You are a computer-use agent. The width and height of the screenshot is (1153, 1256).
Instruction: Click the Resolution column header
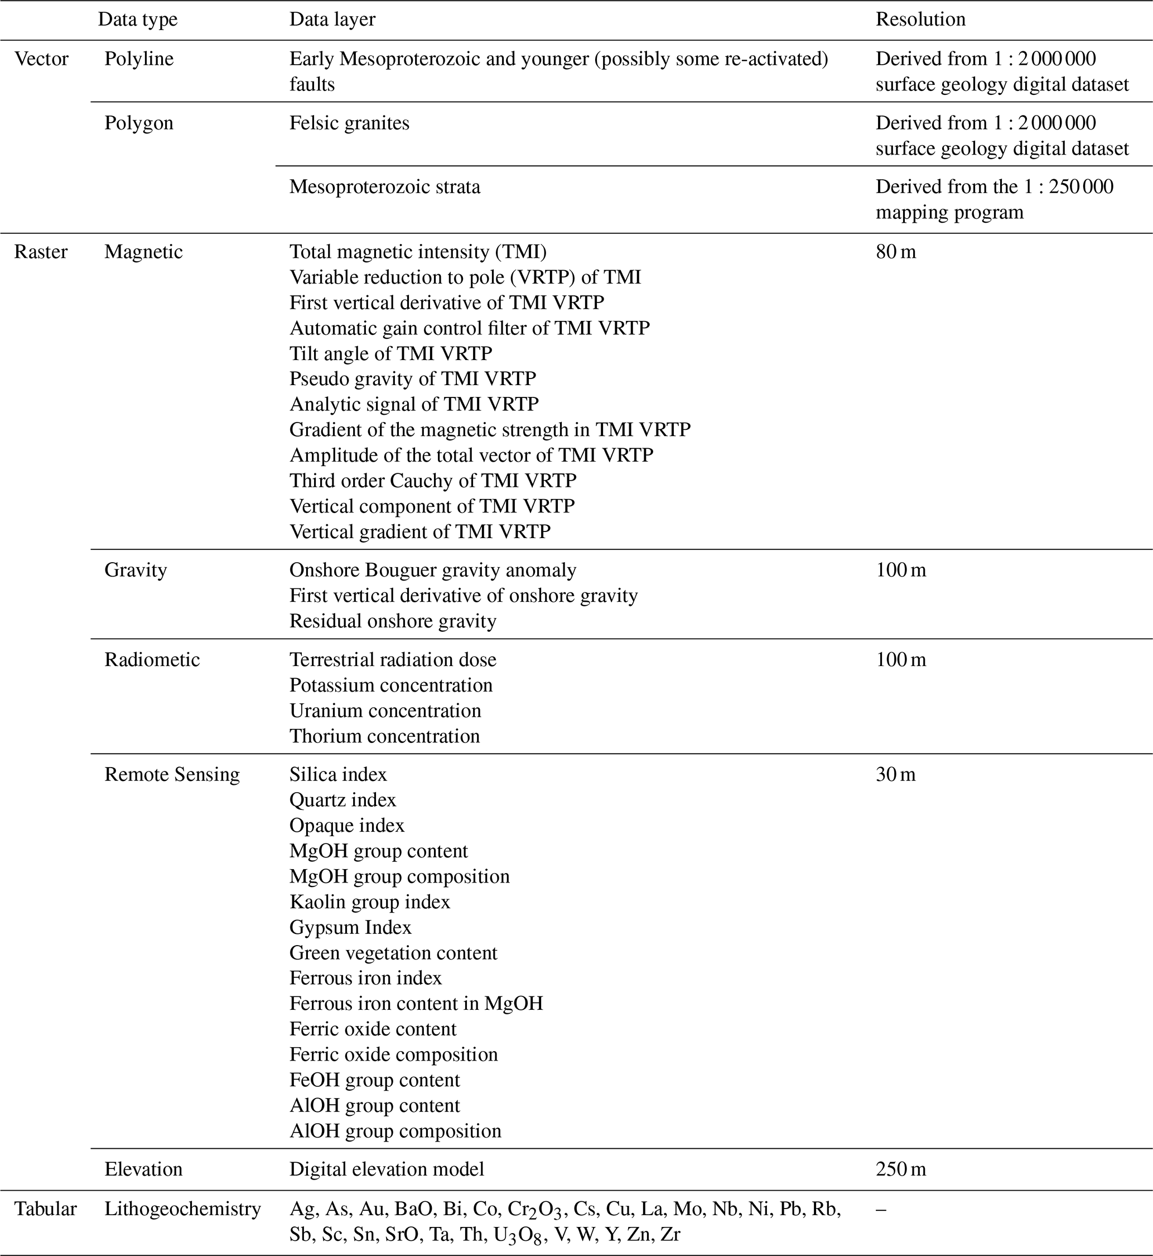click(920, 20)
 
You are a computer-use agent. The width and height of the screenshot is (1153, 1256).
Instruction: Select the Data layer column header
click(332, 20)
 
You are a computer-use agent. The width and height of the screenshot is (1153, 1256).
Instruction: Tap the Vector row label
click(41, 59)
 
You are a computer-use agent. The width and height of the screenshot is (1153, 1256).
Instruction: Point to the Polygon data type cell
click(138, 123)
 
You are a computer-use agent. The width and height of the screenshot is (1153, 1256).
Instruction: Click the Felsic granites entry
click(349, 123)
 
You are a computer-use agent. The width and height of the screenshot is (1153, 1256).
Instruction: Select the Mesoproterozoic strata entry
click(384, 187)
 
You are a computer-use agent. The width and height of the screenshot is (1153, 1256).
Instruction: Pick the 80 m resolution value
click(896, 252)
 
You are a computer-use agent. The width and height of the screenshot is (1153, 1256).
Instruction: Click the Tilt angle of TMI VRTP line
click(390, 353)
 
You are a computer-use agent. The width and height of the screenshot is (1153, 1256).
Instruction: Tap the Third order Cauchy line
click(432, 481)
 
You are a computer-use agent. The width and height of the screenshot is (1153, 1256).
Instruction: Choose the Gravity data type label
click(136, 570)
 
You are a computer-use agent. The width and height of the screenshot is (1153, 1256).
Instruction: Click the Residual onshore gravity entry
click(393, 621)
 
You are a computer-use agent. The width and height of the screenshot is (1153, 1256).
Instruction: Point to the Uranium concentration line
click(385, 711)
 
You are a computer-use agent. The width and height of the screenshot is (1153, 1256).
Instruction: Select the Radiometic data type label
click(152, 660)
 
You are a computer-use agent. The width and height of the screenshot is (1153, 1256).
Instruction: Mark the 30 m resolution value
click(895, 775)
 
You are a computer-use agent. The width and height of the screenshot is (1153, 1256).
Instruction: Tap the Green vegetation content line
click(393, 953)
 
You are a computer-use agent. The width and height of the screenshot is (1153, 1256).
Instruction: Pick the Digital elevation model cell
click(386, 1169)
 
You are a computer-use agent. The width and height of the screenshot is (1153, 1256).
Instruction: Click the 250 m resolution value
click(901, 1169)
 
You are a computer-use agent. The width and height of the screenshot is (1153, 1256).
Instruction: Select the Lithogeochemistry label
click(182, 1209)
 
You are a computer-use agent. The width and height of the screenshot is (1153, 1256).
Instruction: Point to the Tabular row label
click(45, 1209)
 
